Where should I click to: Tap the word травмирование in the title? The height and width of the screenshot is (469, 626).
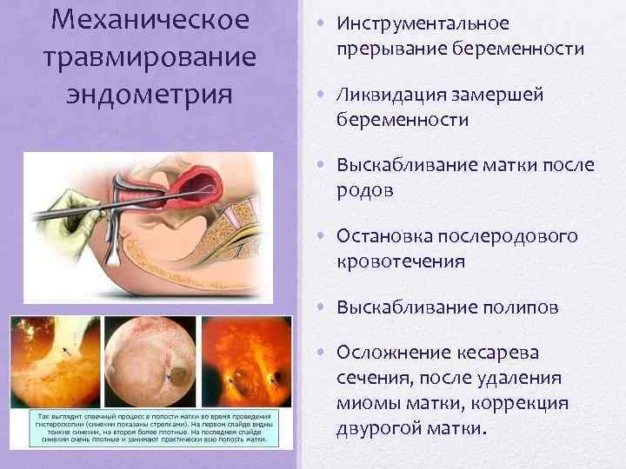coord(150,56)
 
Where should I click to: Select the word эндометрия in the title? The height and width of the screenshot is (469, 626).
coord(150,93)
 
